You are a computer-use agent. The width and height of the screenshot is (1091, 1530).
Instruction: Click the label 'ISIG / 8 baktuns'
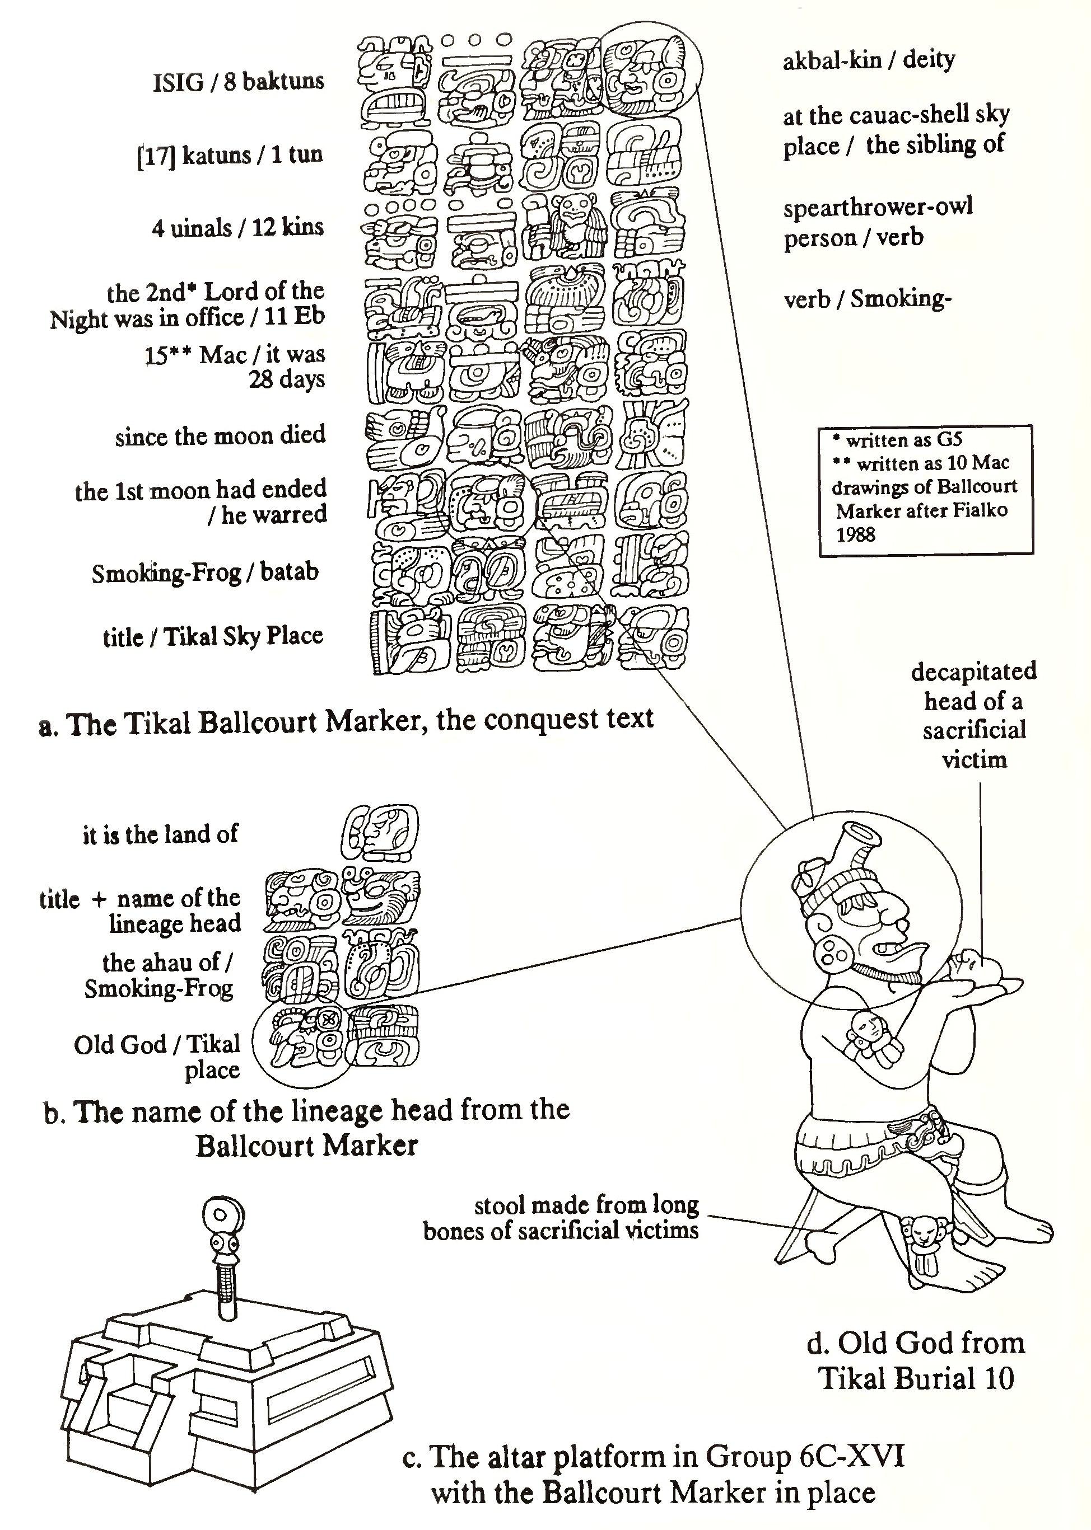pyautogui.click(x=239, y=82)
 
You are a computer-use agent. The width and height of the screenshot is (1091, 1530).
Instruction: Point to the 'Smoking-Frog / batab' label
pyautogui.click(x=205, y=572)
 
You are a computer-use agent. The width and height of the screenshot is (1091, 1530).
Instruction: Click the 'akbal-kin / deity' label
pyautogui.click(x=869, y=60)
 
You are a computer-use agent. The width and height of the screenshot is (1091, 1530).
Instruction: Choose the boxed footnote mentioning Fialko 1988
pyautogui.click(x=925, y=488)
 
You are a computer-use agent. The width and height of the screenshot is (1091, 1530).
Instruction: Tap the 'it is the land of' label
pyautogui.click(x=161, y=834)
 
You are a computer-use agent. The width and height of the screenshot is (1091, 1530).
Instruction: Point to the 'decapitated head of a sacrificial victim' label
pyautogui.click(x=973, y=715)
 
